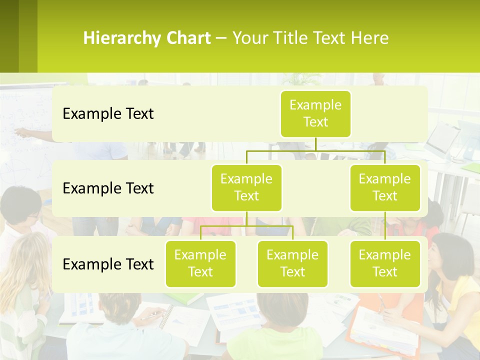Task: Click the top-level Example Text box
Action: click(x=315, y=113)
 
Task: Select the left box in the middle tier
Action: click(x=246, y=187)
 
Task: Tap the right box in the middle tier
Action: click(x=385, y=187)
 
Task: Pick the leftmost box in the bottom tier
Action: click(x=200, y=263)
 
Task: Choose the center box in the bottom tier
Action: click(x=292, y=263)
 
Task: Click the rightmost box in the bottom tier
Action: click(x=385, y=263)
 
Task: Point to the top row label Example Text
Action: click(x=108, y=114)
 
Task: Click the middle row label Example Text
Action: click(x=108, y=188)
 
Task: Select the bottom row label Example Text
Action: click(x=108, y=264)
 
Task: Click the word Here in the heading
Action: click(x=371, y=38)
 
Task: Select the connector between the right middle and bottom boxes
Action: click(x=385, y=226)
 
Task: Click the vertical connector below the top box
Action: click(x=315, y=144)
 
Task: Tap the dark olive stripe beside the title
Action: click(x=9, y=36)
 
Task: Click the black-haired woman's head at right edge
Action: click(x=452, y=255)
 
